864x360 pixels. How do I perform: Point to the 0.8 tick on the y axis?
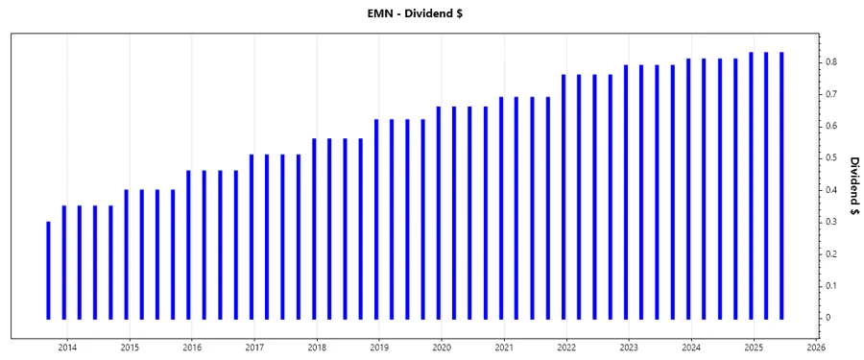(830, 62)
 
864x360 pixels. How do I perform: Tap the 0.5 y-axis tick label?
(830, 158)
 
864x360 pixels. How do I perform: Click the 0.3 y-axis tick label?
(830, 222)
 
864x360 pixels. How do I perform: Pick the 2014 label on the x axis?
(67, 347)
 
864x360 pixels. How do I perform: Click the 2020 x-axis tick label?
(442, 347)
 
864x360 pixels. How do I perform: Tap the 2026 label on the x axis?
(816, 347)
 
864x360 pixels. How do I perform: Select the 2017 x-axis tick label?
(254, 347)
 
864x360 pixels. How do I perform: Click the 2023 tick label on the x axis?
(629, 347)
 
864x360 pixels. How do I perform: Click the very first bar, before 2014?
(48, 270)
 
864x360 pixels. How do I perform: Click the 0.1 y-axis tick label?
(830, 286)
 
